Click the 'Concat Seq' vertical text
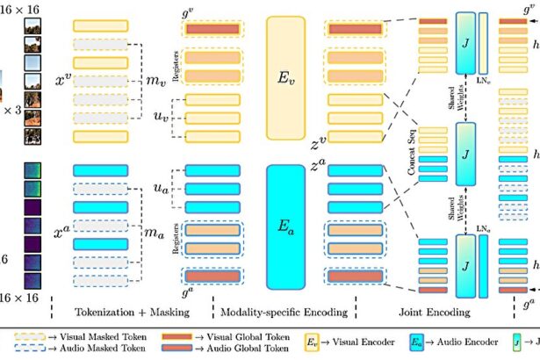[413, 162]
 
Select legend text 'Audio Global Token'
[250, 349]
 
